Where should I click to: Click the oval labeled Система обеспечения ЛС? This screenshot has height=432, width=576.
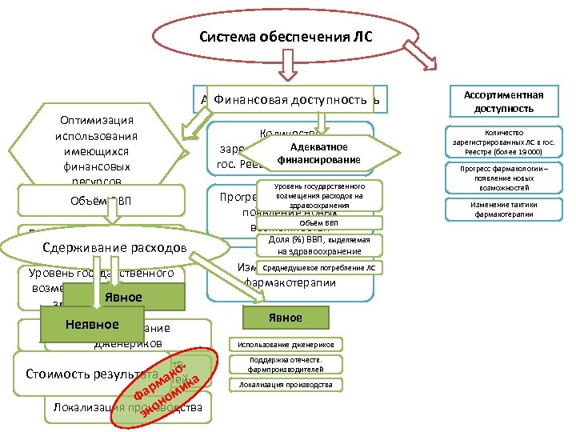click(285, 38)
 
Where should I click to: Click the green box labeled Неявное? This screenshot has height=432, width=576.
click(92, 324)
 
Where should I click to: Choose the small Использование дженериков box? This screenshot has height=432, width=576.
click(286, 344)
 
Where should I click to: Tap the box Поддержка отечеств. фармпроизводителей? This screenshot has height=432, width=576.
click(286, 365)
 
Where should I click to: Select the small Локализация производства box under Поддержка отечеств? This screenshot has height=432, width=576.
click(286, 385)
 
